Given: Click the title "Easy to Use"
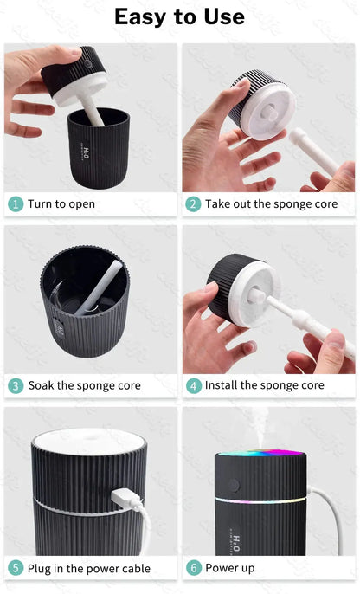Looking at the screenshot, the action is (179, 16).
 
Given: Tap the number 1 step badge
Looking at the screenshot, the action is (16, 204).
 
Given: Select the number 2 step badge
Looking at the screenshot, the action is (193, 204).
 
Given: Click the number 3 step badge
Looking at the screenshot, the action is (16, 386).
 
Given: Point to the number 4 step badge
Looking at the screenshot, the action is (194, 386).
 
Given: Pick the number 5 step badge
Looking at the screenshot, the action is (16, 568).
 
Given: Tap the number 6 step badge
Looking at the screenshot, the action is (194, 568).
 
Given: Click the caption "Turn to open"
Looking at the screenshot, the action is (61, 204).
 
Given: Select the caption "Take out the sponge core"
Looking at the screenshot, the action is (271, 204).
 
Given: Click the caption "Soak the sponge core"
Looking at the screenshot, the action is (85, 385).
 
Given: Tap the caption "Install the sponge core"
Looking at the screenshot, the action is (265, 385).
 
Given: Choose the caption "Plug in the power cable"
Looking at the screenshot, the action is (89, 568).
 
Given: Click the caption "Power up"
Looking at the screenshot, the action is (230, 568).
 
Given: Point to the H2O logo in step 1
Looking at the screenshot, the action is (86, 153).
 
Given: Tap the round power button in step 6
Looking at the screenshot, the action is (234, 485).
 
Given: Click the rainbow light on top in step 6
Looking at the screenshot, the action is (260, 452).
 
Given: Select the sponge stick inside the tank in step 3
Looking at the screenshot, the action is (99, 287).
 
